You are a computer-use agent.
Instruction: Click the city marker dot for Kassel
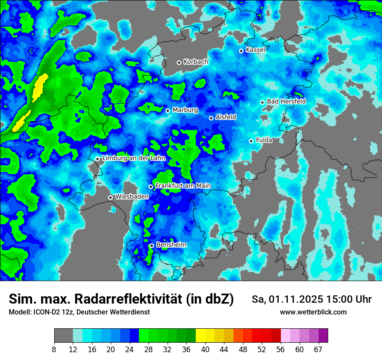241,51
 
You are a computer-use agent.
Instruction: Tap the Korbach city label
195,62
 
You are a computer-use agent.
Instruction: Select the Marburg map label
185,110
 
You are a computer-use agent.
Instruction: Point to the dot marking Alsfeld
211,118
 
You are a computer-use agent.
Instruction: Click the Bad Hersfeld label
286,101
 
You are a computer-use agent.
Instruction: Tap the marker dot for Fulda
251,141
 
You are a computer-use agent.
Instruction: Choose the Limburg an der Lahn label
133,158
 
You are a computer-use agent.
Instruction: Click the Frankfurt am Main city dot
151,187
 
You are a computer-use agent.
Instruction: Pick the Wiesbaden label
132,197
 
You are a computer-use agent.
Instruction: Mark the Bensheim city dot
151,245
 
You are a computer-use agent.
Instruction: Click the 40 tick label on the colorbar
205,349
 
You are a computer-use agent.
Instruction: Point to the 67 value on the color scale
318,349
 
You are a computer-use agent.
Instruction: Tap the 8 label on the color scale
54,349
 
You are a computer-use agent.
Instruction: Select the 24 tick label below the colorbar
130,349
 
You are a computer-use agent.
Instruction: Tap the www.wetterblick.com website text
313,312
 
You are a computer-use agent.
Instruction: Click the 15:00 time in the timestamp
341,299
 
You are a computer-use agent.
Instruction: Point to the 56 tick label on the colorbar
280,349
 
